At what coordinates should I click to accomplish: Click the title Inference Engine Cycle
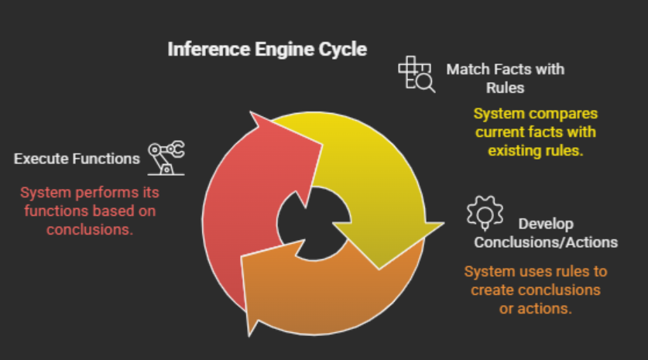tap(267, 50)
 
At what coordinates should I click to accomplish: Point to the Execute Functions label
tap(77, 159)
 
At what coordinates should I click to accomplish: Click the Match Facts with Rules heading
tap(505, 77)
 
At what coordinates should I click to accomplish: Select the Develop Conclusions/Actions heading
tap(546, 233)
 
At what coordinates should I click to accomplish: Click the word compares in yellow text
tap(560, 114)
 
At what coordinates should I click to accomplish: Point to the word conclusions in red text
tap(85, 228)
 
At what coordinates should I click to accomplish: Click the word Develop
tap(546, 224)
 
